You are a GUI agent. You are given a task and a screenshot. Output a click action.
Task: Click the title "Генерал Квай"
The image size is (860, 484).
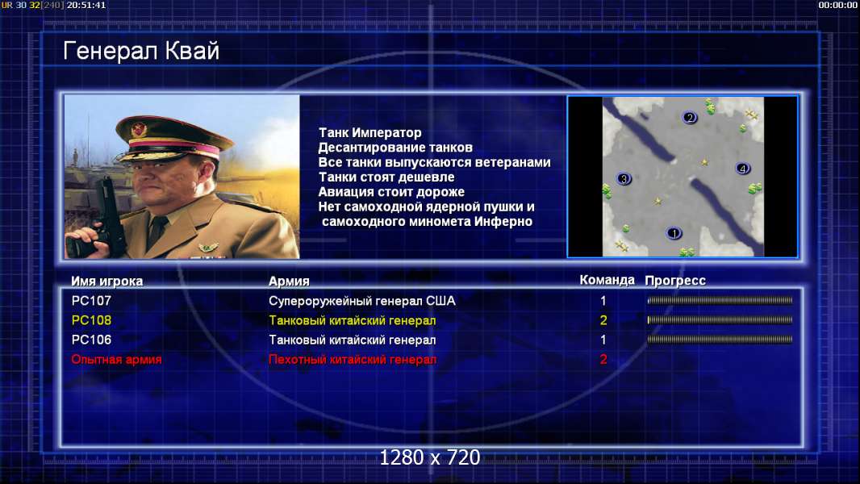[141, 52]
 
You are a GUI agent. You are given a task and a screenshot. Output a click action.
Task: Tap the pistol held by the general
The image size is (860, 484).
[103, 219]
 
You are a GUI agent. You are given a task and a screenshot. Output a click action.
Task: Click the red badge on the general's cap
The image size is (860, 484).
[140, 130]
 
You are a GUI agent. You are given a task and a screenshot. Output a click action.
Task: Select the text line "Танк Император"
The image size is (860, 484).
[370, 133]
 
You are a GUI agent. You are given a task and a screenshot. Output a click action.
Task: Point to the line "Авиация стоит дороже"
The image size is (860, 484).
[391, 192]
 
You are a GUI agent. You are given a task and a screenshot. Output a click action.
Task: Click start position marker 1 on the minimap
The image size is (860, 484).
[674, 233]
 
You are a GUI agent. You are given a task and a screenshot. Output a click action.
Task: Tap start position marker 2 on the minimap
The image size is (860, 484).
[690, 117]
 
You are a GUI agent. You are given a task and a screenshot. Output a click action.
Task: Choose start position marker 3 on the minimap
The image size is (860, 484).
[624, 179]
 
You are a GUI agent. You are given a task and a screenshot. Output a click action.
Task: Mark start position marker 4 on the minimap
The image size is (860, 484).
[743, 169]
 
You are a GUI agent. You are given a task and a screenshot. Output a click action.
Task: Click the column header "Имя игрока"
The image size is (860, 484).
[107, 282]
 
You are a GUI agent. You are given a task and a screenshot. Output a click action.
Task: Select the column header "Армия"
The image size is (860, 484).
[289, 282]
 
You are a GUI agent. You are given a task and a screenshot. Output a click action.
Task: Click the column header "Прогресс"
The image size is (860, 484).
[675, 281]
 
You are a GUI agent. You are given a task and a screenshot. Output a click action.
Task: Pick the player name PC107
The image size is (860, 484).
[91, 301]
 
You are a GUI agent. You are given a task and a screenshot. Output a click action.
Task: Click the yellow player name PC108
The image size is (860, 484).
[91, 321]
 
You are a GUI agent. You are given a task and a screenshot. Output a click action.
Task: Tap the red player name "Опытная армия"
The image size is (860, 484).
[116, 360]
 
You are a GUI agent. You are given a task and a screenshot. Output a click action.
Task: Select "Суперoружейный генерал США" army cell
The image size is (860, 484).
[362, 301]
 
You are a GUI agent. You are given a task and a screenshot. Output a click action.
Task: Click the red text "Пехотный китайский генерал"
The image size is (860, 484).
[353, 360]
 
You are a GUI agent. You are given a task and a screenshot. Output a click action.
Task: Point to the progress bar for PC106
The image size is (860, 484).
[720, 340]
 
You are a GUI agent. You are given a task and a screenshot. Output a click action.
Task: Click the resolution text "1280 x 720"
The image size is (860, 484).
[430, 457]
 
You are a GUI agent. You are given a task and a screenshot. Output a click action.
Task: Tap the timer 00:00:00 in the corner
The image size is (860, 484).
[837, 5]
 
